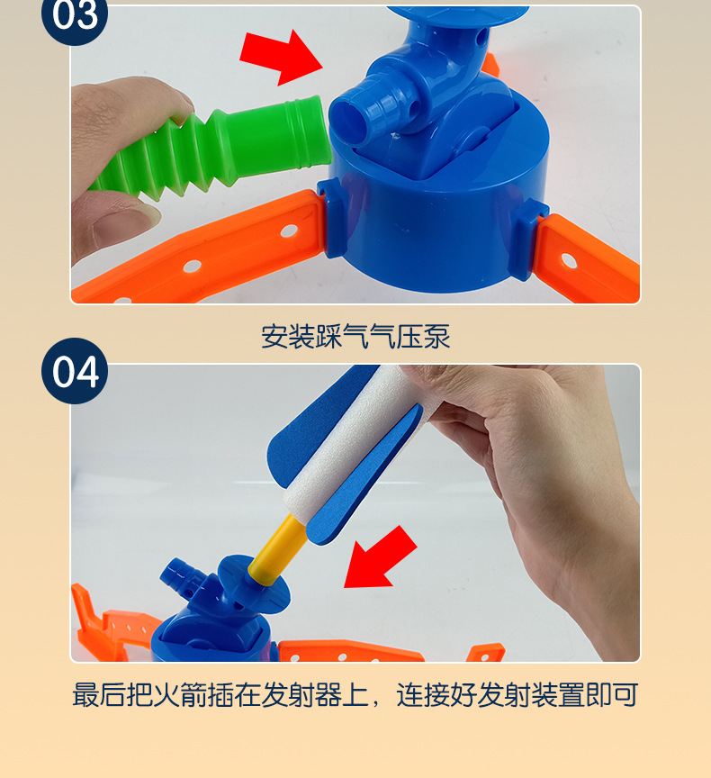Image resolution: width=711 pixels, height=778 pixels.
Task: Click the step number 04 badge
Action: (74, 371)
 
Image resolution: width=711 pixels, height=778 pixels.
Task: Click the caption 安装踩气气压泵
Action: (355, 336)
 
